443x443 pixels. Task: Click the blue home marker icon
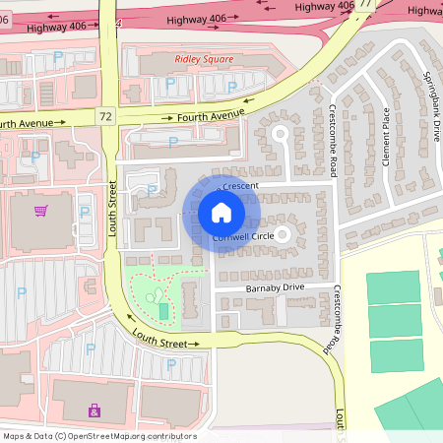click(x=221, y=213)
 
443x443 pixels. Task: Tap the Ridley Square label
click(x=204, y=59)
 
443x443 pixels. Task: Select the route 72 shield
click(x=105, y=116)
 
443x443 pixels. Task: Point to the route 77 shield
click(x=365, y=4)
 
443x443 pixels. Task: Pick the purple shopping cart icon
click(x=40, y=210)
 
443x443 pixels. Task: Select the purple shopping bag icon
click(x=95, y=410)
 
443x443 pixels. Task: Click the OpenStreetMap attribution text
click(x=98, y=436)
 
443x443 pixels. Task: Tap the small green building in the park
click(x=163, y=311)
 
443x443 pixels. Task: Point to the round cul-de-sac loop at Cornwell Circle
click(x=283, y=234)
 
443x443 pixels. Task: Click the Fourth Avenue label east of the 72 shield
click(x=210, y=116)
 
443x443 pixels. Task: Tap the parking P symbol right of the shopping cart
click(x=84, y=212)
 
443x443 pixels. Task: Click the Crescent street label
click(x=239, y=185)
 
